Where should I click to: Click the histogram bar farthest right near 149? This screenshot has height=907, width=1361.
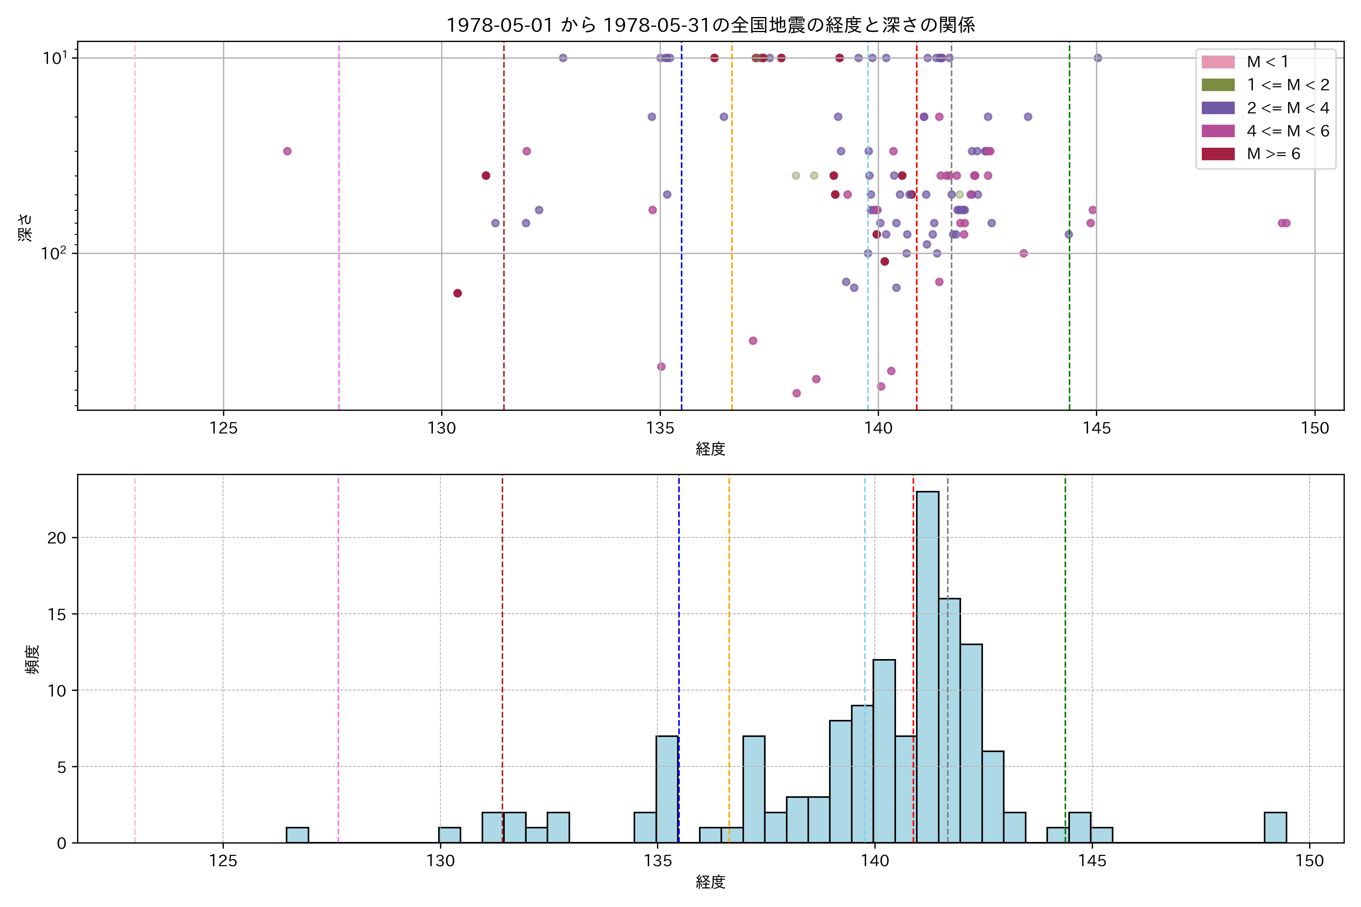pyautogui.click(x=1275, y=827)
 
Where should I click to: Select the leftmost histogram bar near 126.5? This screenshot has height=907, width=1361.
pyautogui.click(x=298, y=835)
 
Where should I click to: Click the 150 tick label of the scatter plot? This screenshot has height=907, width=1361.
pyautogui.click(x=1315, y=429)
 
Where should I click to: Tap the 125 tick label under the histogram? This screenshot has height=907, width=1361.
pyautogui.click(x=223, y=861)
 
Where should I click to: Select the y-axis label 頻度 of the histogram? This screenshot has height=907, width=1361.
pyautogui.click(x=33, y=659)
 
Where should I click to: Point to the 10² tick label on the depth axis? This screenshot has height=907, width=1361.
pyautogui.click(x=53, y=253)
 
